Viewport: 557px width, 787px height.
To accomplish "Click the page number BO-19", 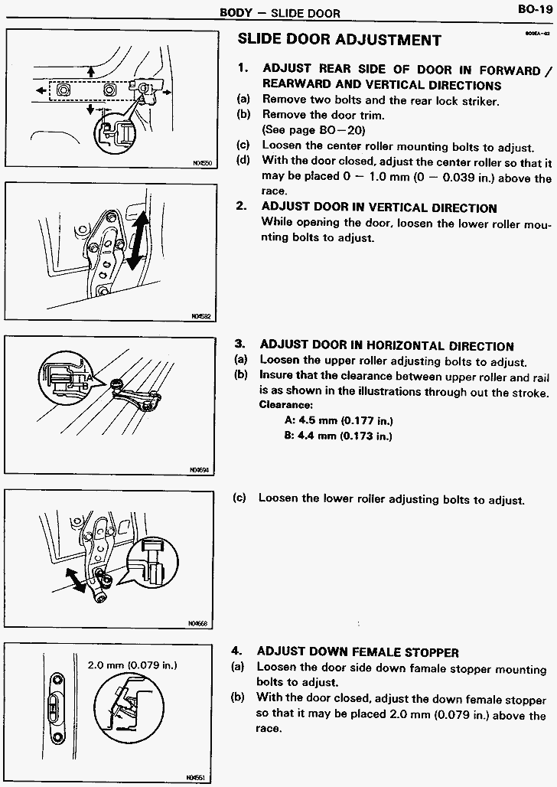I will [x=533, y=10].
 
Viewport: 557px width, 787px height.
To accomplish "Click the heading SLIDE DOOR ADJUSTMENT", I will [x=340, y=40].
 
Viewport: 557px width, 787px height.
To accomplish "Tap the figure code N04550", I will [x=202, y=162].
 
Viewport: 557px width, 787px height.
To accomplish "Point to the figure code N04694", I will [x=200, y=470].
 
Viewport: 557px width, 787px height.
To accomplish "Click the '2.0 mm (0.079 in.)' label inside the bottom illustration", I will [x=132, y=665].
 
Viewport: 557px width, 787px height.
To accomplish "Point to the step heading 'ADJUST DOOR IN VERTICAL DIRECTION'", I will [x=379, y=207].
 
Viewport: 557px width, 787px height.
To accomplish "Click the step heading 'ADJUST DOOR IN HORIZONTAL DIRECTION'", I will [x=386, y=346].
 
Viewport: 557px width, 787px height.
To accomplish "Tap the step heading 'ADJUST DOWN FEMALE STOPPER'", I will [x=357, y=652].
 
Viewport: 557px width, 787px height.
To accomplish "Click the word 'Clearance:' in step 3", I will [x=285, y=405].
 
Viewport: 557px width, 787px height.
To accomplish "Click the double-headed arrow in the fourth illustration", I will [x=75, y=580].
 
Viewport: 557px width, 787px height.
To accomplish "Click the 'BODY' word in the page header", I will [x=236, y=13].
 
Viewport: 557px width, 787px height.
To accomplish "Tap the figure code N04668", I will [x=198, y=623].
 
